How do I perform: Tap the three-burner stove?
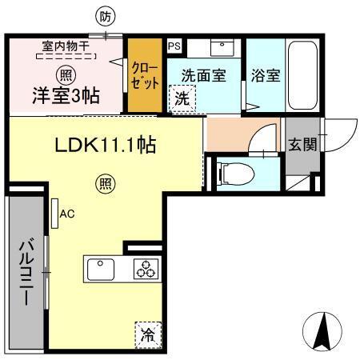click(146, 270)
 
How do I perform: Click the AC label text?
click(67, 214)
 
